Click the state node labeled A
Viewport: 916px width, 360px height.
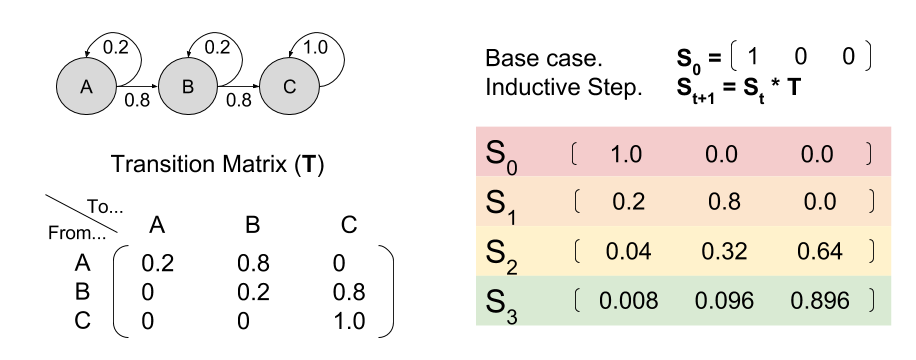(85, 86)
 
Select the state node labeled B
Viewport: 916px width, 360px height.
(187, 86)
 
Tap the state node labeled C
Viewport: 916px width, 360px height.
(289, 86)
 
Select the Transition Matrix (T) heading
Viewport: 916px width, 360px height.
(219, 163)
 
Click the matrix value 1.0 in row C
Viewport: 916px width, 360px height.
(349, 321)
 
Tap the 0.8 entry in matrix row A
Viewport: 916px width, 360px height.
(253, 265)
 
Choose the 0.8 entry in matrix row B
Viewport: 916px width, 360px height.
(349, 293)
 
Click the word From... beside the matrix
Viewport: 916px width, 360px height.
(76, 233)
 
